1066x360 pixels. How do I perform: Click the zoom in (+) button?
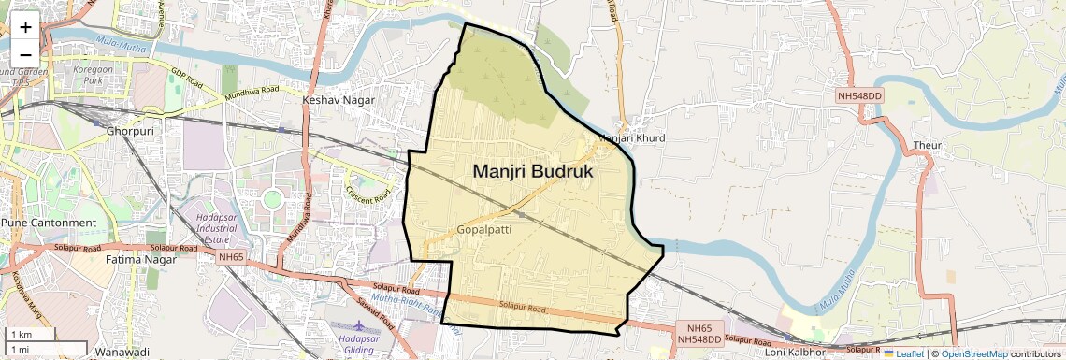[x=25, y=26]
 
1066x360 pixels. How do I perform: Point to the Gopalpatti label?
[x=485, y=229]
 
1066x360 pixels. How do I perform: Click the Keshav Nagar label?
[x=339, y=100]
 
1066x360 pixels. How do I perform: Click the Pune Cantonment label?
[x=49, y=223]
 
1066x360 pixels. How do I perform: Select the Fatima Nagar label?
[x=141, y=259]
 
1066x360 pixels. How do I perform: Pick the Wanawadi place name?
[x=122, y=353]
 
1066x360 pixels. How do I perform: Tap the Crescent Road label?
[x=367, y=194]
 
